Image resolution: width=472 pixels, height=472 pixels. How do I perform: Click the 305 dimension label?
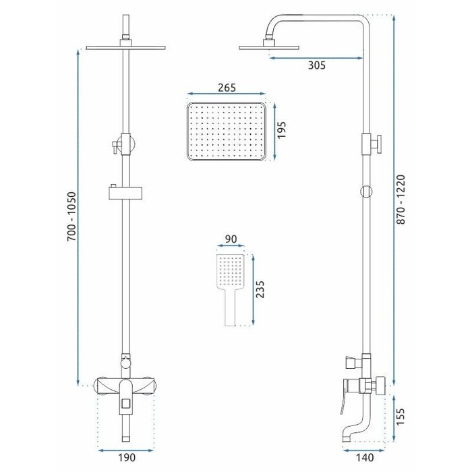coord(317,65)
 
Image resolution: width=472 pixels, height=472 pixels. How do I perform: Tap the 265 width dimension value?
coord(227,88)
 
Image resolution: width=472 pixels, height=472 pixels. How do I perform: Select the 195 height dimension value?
coord(281,130)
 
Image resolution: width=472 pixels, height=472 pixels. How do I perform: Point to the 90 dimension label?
coord(231,239)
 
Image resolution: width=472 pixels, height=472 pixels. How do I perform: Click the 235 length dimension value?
coord(260,289)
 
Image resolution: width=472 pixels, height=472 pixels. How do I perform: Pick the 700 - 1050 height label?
coord(71,216)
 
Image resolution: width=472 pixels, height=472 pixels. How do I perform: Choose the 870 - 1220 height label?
coord(401,200)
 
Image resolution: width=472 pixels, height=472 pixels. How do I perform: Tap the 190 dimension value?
coord(127,458)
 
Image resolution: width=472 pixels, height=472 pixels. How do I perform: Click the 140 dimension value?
coord(365,458)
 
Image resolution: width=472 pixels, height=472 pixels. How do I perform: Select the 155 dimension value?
coord(401,417)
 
